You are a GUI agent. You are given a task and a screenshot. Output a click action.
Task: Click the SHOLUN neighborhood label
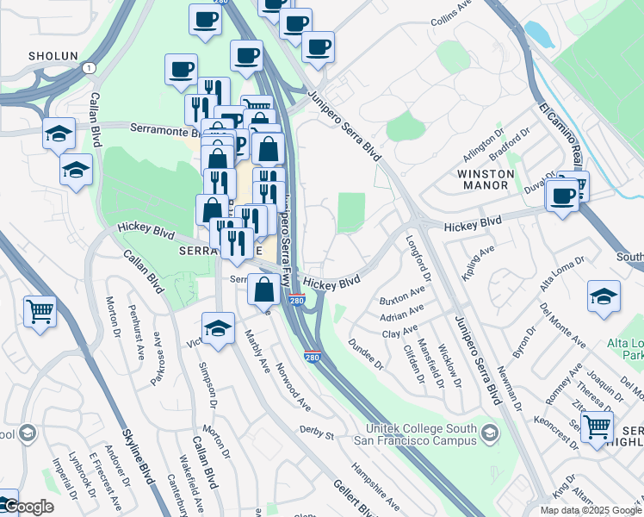tap(53, 55)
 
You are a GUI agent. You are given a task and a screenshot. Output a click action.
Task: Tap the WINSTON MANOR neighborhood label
tap(485, 180)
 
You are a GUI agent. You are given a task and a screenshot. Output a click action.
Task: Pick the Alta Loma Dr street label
tap(561, 272)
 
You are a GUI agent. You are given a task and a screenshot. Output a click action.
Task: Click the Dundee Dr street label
tap(365, 354)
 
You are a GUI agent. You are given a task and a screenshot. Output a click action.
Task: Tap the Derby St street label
tap(316, 429)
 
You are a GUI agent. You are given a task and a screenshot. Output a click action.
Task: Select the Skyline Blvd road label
tap(139, 458)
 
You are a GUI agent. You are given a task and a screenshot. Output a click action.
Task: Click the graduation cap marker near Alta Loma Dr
tap(604, 296)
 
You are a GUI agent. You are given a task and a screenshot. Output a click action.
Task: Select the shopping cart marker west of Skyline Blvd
tap(40, 311)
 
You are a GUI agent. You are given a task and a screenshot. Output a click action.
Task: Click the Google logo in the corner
tap(28, 507)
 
